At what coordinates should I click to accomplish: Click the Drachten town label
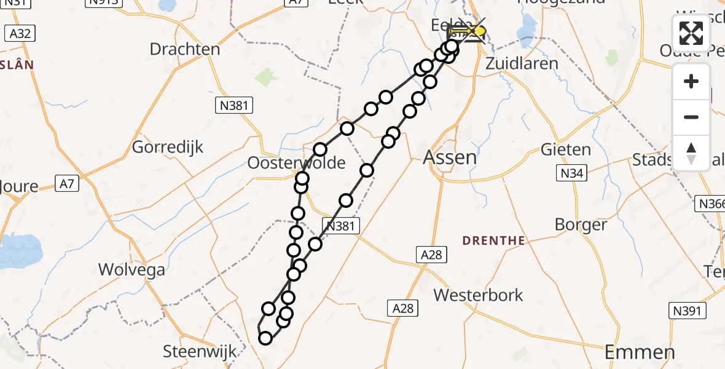[x=185, y=49]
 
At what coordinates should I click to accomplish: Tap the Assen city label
[x=450, y=157]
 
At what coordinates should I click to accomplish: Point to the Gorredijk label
[x=168, y=148]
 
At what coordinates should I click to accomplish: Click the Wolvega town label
[x=132, y=270]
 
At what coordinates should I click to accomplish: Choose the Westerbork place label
[x=479, y=295]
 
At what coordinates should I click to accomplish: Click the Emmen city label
[x=640, y=352]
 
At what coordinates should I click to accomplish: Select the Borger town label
[x=581, y=224]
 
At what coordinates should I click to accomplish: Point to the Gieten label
[x=566, y=149]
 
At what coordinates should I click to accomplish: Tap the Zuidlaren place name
[x=522, y=63]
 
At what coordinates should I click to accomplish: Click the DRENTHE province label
[x=493, y=240]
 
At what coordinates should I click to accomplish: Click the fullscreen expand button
[x=691, y=33]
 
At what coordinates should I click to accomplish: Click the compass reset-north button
[x=691, y=153]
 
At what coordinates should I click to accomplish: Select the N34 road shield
[x=571, y=174]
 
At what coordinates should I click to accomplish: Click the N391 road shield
[x=686, y=311]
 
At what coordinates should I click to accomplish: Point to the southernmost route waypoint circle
[x=265, y=338]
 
